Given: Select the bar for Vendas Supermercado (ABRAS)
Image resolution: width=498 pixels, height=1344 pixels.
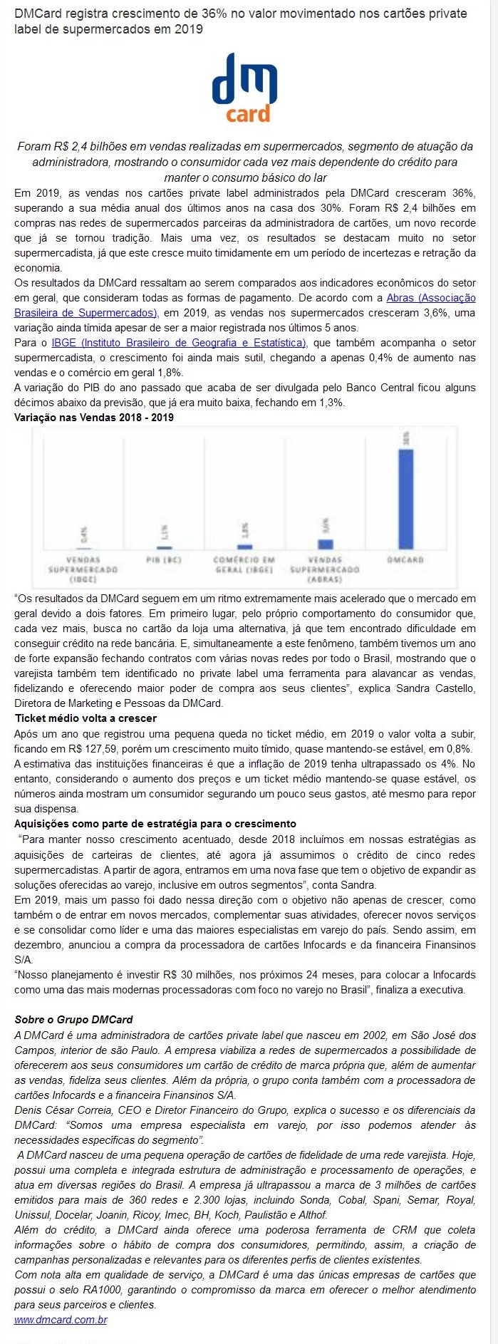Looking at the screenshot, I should pos(326,544).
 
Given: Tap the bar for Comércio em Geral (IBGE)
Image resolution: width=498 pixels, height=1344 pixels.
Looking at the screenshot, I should pos(244,546).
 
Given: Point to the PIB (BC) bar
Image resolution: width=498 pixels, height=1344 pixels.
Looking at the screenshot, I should pos(164,547).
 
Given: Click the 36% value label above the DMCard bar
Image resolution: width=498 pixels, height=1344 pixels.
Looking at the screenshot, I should pos(405,438).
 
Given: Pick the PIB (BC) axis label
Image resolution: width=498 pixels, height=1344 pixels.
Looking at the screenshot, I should pos(164,560).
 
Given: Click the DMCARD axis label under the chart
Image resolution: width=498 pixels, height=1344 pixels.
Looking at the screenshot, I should pos(405,560).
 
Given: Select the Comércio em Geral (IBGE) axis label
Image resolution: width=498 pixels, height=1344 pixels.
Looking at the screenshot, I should pos(244,564).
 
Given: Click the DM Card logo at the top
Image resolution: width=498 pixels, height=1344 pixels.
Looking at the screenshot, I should pos(244,88).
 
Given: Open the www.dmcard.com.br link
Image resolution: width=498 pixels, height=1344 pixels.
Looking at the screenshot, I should pos(61,1320).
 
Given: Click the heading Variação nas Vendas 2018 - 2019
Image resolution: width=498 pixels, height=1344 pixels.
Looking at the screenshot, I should pos(94,418).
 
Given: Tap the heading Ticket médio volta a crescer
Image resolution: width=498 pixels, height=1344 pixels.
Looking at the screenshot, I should pos(85,718).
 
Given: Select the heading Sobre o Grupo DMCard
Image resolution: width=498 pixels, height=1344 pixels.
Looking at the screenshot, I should pos(73,1019).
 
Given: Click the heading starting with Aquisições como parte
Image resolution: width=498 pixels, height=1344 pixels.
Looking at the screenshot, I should pos(155,824).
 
